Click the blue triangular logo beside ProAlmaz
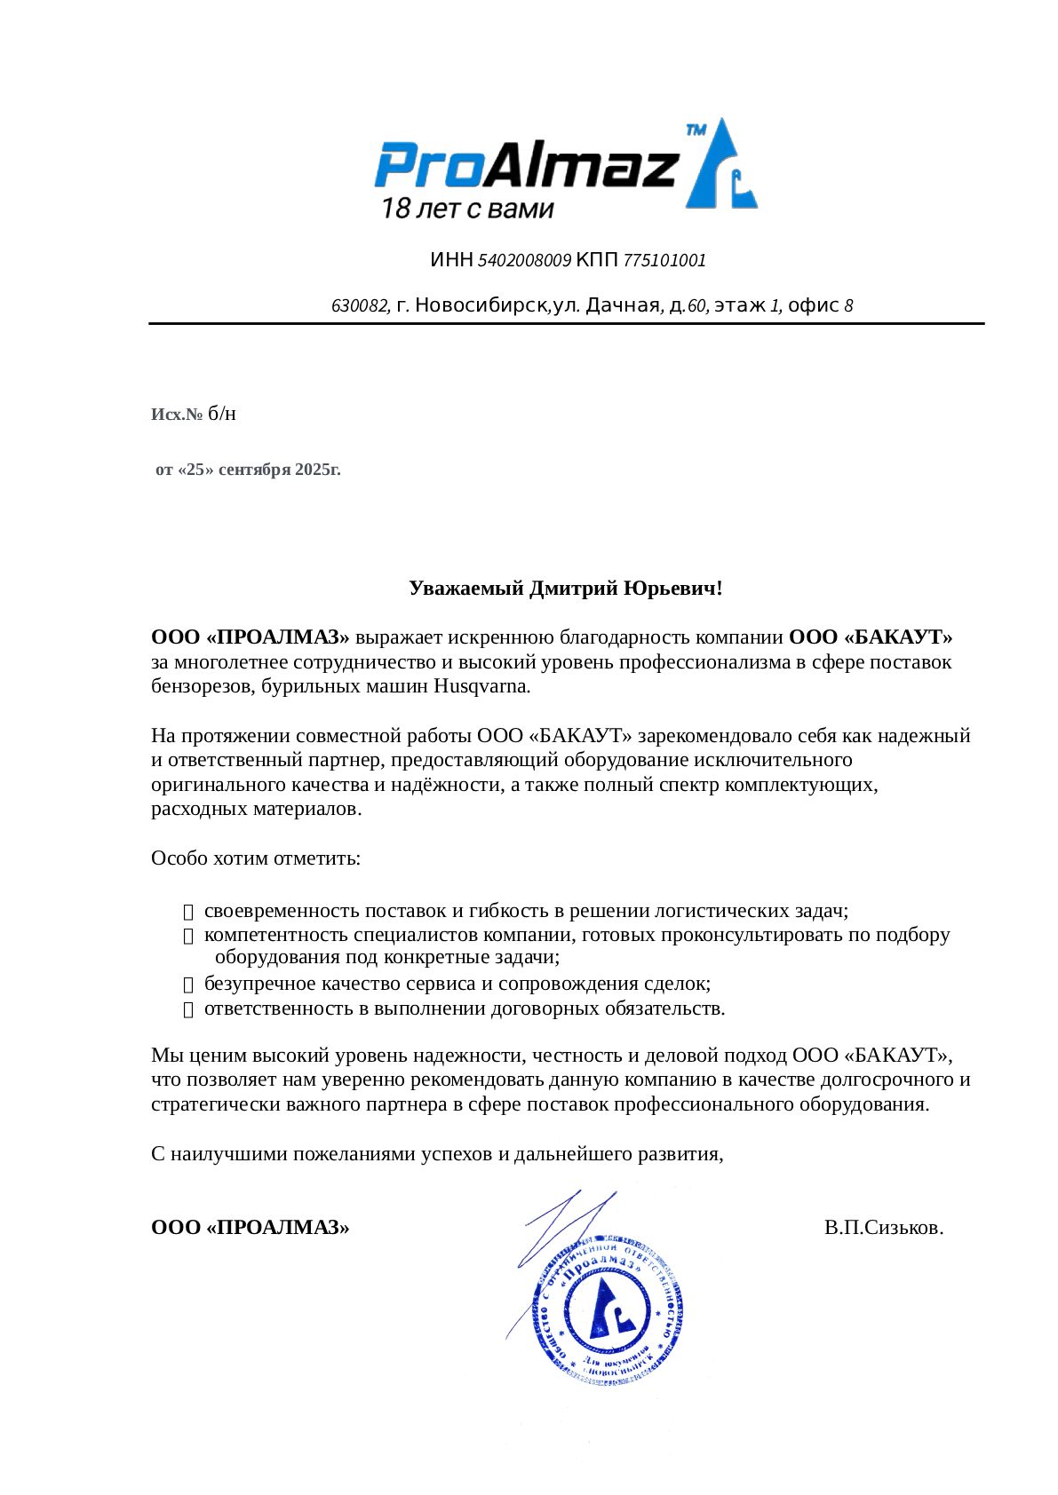click(x=720, y=166)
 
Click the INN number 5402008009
click(x=524, y=261)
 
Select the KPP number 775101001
click(x=664, y=261)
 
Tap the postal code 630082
click(x=360, y=306)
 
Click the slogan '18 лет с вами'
click(x=467, y=210)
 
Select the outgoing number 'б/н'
click(x=222, y=415)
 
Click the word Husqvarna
click(x=481, y=686)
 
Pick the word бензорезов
click(x=202, y=686)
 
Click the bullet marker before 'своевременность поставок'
click(x=187, y=912)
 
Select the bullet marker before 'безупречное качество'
click(x=187, y=985)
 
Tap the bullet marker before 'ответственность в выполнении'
click(x=187, y=1009)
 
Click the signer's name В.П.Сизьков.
click(x=883, y=1228)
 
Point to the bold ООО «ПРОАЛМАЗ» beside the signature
click(x=251, y=1228)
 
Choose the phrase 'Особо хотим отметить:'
click(x=256, y=858)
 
